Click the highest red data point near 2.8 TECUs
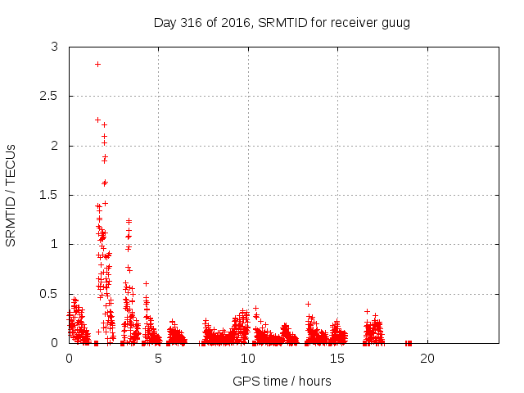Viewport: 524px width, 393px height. (x=97, y=64)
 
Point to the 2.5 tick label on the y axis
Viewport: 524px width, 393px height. (x=51, y=97)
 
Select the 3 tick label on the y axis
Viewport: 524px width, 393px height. (x=55, y=47)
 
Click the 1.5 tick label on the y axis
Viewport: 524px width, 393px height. (x=51, y=195)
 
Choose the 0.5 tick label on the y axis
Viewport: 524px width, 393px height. (x=51, y=293)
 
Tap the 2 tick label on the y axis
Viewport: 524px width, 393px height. (x=55, y=146)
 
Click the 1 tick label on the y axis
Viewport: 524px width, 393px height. (x=55, y=244)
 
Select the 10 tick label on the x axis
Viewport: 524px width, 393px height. (x=248, y=359)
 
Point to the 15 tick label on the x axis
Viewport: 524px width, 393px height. (x=337, y=359)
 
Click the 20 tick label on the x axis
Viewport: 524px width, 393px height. (x=427, y=359)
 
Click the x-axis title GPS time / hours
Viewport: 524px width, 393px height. (x=282, y=381)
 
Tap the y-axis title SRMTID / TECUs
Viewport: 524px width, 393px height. (x=11, y=195)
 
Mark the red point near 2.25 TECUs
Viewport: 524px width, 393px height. (x=97, y=120)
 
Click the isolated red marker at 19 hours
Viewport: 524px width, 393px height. (x=409, y=342)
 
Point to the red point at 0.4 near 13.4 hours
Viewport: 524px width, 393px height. (x=309, y=304)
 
